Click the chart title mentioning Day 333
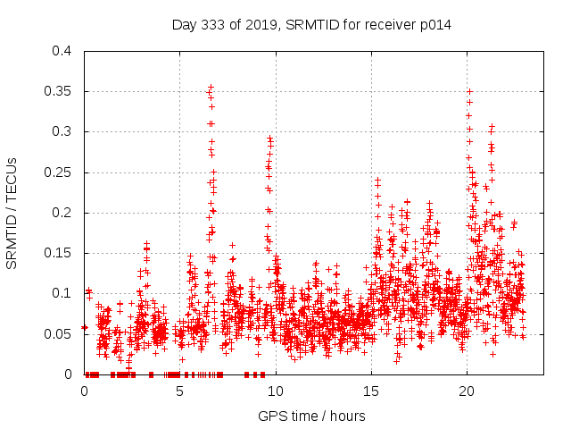pos(311,24)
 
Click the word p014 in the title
pos(434,24)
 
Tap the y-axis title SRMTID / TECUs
pos(12,212)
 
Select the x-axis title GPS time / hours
pos(311,416)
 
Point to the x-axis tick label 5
pos(180,391)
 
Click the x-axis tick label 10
pos(276,391)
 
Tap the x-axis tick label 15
pos(371,391)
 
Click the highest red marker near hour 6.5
pos(211,87)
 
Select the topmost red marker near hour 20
pos(469,91)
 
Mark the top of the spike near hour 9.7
pos(269,139)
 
